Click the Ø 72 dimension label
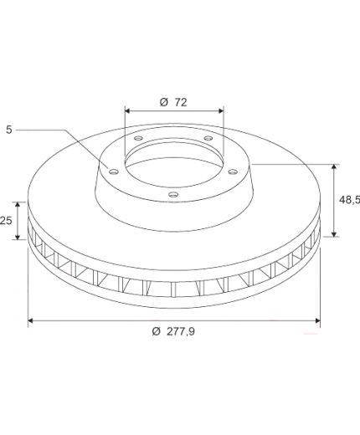point(173,102)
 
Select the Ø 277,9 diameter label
point(173,331)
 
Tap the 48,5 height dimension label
point(349,200)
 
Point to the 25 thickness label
point(6,221)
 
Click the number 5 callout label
point(9,130)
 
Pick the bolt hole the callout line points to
point(114,171)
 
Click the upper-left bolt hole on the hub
point(138,138)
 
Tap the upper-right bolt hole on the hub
point(208,138)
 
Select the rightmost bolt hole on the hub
point(233,171)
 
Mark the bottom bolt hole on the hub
point(173,194)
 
